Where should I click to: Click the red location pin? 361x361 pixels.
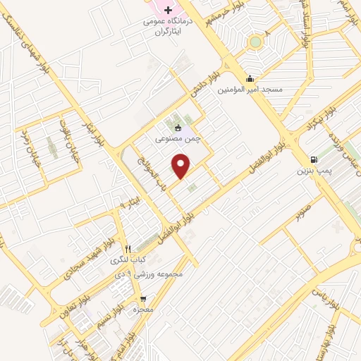(x=182, y=166)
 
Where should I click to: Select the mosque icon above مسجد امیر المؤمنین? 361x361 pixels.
(x=249, y=78)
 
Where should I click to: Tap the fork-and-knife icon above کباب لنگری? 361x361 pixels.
(x=128, y=248)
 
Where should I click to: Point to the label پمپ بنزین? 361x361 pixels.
(x=313, y=171)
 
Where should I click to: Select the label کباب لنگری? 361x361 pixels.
(x=127, y=259)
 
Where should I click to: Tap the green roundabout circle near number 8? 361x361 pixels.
(x=255, y=42)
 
